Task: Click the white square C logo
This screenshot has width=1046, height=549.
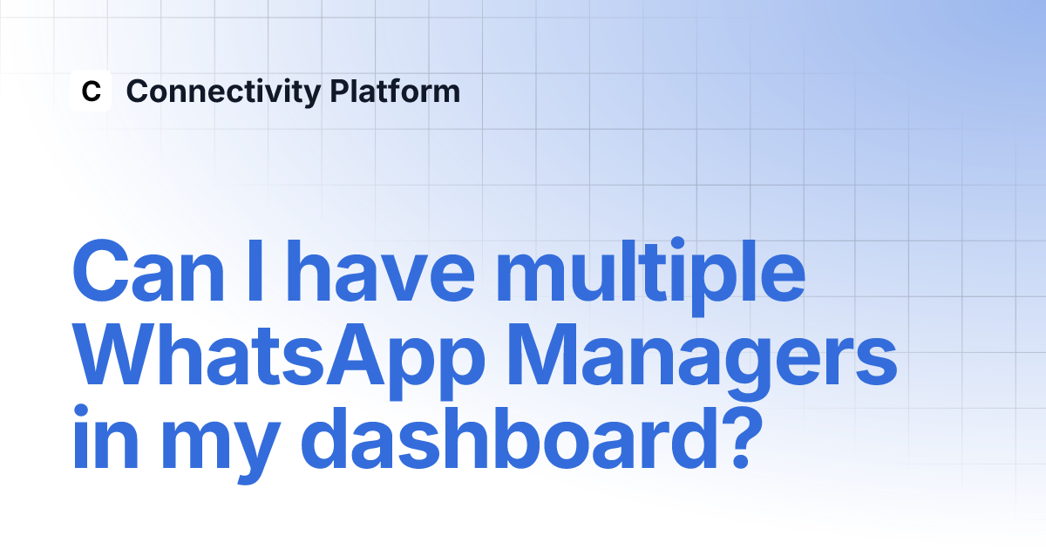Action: (91, 91)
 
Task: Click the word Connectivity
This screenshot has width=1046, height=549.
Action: (224, 92)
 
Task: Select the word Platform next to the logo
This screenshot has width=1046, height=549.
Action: (395, 91)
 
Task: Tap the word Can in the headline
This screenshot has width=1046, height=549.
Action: (148, 271)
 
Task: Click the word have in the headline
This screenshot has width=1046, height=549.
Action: (381, 271)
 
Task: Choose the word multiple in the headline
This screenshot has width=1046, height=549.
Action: (650, 277)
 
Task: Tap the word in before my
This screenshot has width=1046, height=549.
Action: (105, 437)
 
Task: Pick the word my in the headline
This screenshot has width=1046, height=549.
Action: (221, 445)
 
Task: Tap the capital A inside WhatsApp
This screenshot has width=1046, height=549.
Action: (354, 354)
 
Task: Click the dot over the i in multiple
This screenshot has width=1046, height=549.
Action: (677, 244)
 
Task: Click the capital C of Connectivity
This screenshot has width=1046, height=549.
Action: (139, 91)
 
